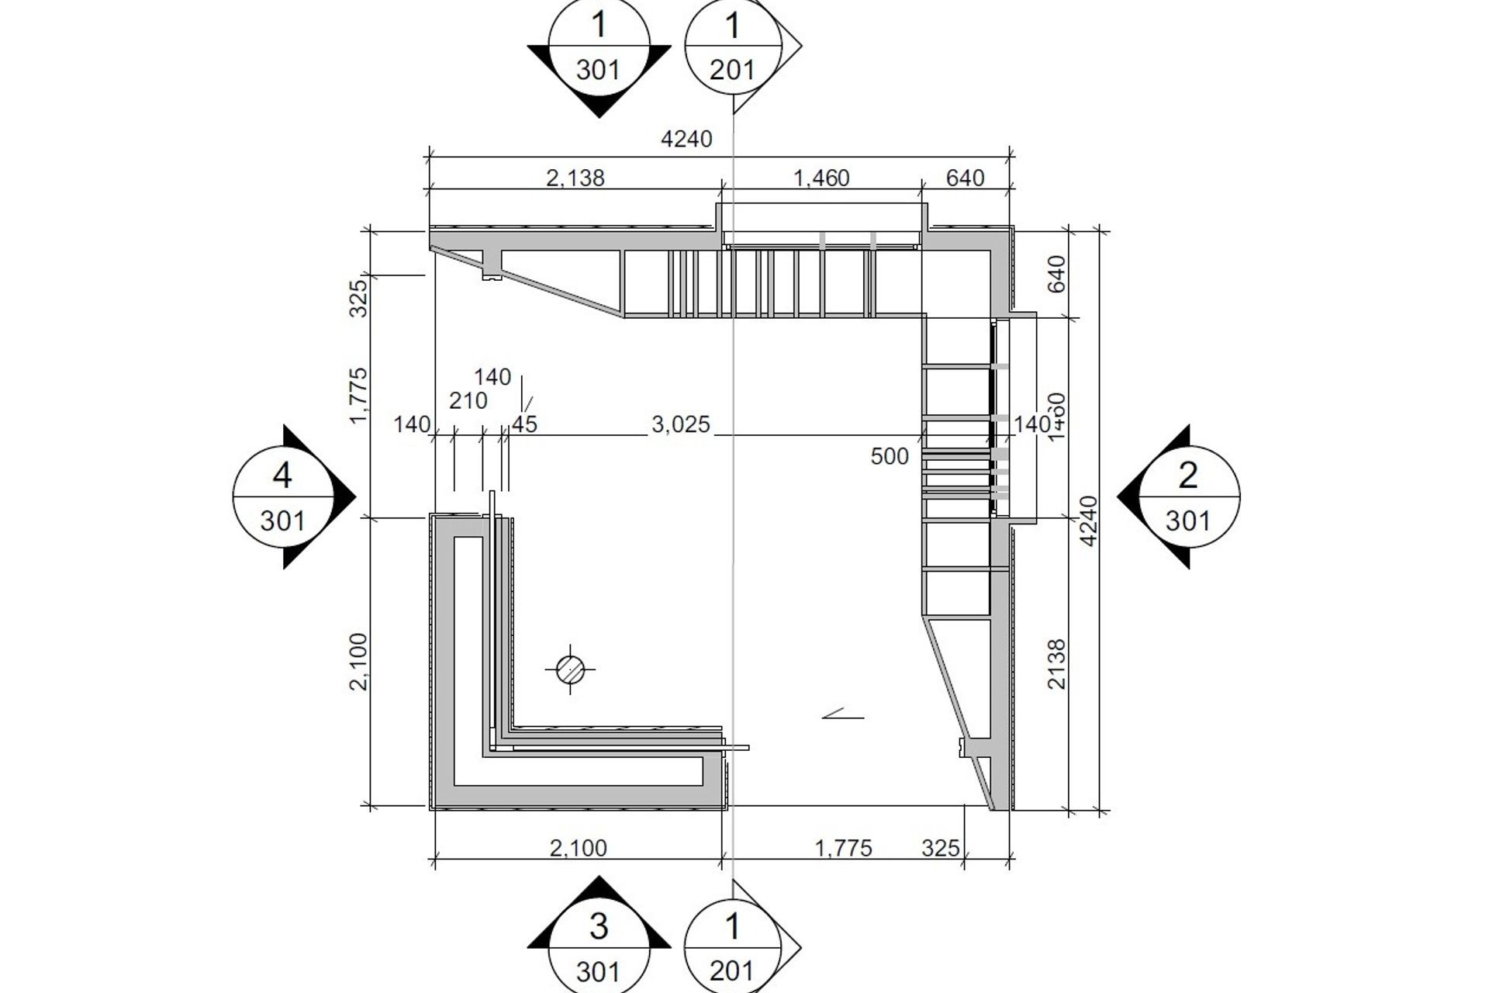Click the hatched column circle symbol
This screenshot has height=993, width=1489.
click(572, 669)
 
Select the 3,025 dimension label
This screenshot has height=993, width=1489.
click(680, 424)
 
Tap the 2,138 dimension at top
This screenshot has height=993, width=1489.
click(575, 178)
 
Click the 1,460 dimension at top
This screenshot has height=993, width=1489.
click(821, 178)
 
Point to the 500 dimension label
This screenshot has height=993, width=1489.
click(889, 456)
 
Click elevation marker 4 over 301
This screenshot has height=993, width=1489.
click(283, 496)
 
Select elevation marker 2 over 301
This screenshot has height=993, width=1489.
click(1187, 496)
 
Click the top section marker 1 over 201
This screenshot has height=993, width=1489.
click(732, 48)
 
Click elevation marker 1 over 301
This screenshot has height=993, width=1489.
click(599, 48)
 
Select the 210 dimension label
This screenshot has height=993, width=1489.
click(468, 401)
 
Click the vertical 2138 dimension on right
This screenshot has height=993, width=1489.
click(1056, 664)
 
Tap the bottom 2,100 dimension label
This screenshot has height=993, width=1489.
click(578, 848)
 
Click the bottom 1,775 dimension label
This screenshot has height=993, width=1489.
click(843, 848)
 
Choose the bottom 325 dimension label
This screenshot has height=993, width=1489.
click(940, 848)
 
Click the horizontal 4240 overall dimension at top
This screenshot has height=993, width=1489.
click(686, 139)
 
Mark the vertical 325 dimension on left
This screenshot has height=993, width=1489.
click(359, 298)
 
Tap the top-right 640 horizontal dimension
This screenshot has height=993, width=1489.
click(965, 178)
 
